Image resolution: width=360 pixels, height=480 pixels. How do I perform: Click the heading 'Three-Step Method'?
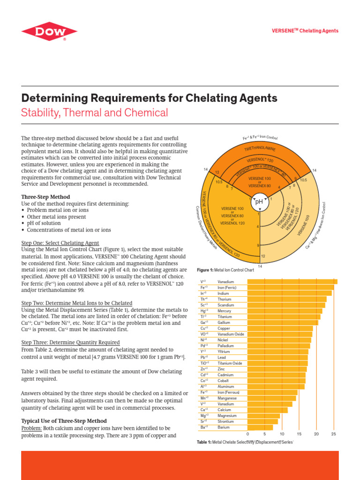click(x=46, y=197)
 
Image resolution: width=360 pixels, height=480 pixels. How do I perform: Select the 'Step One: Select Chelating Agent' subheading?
click(x=60, y=243)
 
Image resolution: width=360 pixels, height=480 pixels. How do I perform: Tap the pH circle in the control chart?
click(x=258, y=202)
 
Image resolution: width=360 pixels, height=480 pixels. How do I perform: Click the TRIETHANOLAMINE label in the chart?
click(x=260, y=149)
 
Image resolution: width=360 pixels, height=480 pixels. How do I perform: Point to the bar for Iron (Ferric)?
click(x=290, y=287)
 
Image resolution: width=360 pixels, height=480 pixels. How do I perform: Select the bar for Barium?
click(x=260, y=427)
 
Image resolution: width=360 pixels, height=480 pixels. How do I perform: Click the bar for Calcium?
click(x=267, y=410)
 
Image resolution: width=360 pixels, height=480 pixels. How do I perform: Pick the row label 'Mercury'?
click(x=225, y=311)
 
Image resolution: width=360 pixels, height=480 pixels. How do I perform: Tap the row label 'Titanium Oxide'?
click(x=230, y=363)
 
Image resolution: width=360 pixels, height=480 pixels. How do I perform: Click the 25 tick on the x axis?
click(x=333, y=434)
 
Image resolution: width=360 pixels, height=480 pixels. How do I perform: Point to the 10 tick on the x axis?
click(x=282, y=434)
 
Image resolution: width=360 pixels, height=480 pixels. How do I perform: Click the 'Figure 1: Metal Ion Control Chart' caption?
click(x=225, y=270)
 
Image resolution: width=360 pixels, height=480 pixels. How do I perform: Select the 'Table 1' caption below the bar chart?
click(x=246, y=442)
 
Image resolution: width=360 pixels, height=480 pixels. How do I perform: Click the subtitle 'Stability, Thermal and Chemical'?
click(x=94, y=113)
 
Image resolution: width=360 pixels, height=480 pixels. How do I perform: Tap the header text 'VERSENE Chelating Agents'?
click(x=305, y=31)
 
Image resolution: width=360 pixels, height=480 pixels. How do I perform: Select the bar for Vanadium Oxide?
click(x=279, y=334)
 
